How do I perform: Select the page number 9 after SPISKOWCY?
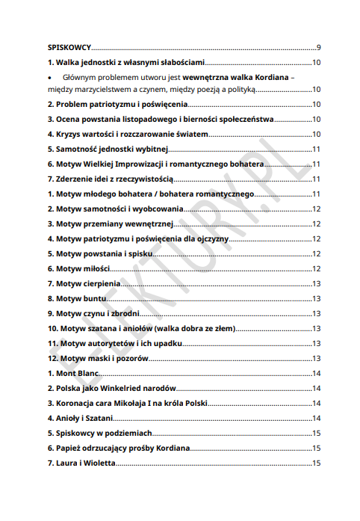318,47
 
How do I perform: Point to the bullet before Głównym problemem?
50,77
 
